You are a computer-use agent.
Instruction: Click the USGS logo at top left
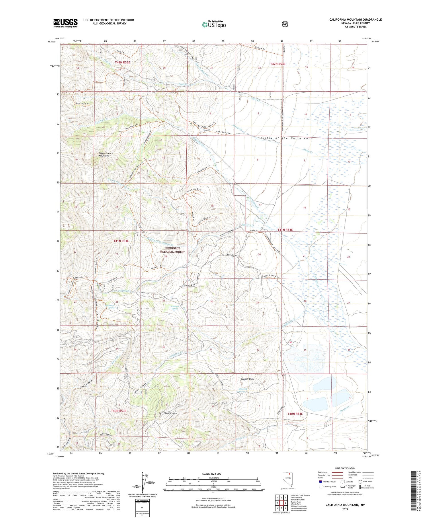(65, 23)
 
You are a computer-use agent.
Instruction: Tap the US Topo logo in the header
(214, 24)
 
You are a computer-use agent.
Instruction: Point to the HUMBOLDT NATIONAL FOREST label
(172, 250)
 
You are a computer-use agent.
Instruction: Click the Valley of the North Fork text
(286, 138)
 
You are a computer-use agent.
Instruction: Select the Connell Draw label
(247, 379)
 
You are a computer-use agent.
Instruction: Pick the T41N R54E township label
(285, 230)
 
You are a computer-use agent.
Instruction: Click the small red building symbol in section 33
(290, 342)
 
